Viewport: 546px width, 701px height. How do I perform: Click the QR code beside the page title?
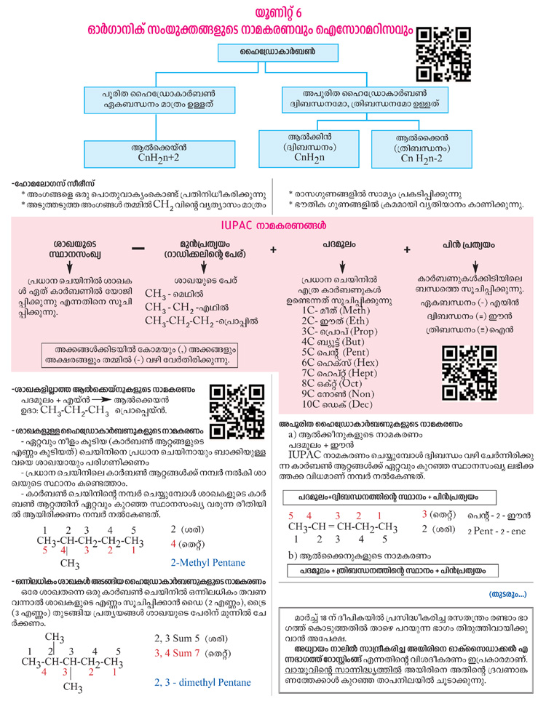coord(443,55)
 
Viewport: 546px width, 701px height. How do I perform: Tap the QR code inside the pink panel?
coord(470,373)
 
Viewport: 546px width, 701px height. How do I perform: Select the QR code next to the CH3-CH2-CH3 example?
coord(237,412)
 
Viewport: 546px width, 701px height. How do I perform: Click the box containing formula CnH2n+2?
coord(159,154)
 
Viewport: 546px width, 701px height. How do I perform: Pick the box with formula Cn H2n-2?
coord(422,149)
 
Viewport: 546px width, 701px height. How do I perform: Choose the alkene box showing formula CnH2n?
coord(309,149)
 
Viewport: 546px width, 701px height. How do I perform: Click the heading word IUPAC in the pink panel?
coord(237,225)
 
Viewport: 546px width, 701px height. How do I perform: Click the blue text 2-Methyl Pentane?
coord(207,562)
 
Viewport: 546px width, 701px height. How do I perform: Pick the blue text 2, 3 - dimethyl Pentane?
coord(202,682)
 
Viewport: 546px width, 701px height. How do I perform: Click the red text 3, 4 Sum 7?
coord(177,653)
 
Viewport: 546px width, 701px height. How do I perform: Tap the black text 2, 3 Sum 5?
coord(177,638)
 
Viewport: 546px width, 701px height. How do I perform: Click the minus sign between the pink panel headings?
coord(138,249)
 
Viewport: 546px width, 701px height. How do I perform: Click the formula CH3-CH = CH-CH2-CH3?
coord(343,527)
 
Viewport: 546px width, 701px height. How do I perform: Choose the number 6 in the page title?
coord(298,12)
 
